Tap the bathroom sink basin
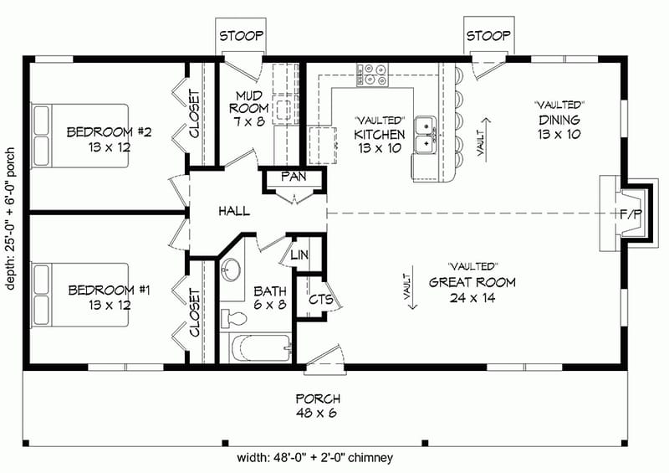click(232, 270)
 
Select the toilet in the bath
click(229, 318)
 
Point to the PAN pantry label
click(292, 177)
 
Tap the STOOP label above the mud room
click(242, 36)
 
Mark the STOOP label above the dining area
click(488, 36)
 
